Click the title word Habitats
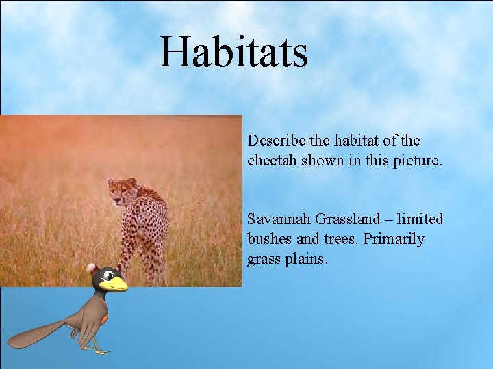(x=233, y=53)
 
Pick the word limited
(x=420, y=219)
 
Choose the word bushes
(x=270, y=239)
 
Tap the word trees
(x=340, y=239)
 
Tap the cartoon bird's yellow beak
(x=117, y=284)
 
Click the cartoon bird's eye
(x=108, y=276)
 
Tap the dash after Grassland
(x=391, y=219)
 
